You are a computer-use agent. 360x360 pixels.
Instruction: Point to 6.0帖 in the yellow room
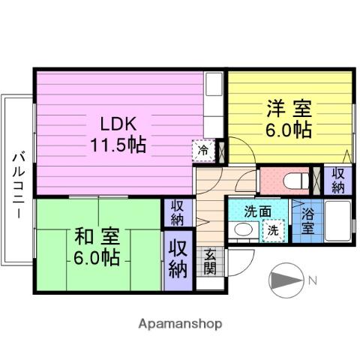(x=287, y=129)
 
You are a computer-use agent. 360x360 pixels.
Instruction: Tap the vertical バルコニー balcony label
(x=16, y=184)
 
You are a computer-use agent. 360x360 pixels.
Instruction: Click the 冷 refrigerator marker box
(x=203, y=150)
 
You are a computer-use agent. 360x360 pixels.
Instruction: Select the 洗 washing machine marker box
(x=274, y=231)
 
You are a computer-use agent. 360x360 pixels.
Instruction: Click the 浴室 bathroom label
(x=308, y=221)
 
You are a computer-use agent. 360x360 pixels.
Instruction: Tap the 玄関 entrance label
(x=209, y=261)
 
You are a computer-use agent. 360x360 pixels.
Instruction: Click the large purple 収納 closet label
(x=177, y=259)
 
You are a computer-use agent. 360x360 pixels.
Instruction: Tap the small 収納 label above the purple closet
(x=177, y=213)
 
